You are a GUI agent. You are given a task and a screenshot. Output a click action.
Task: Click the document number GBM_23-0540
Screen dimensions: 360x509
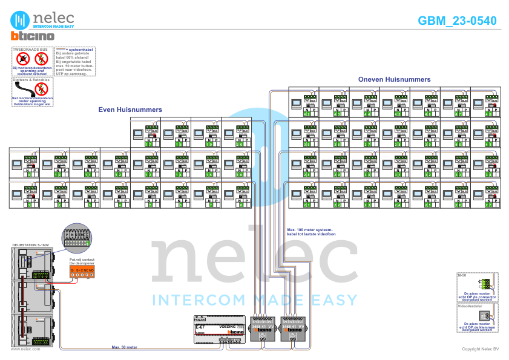point(457,21)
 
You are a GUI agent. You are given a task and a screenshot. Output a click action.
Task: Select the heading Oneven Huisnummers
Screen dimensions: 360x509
point(394,79)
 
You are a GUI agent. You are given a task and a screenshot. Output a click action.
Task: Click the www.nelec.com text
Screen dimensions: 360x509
point(25,349)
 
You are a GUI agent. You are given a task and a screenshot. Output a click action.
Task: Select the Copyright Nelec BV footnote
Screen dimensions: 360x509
point(479,349)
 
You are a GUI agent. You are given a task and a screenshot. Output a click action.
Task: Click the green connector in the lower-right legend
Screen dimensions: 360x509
point(484,284)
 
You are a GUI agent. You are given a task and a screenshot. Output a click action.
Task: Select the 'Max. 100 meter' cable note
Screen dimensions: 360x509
point(309,232)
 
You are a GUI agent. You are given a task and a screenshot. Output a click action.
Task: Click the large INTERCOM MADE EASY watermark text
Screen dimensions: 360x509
point(254,299)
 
